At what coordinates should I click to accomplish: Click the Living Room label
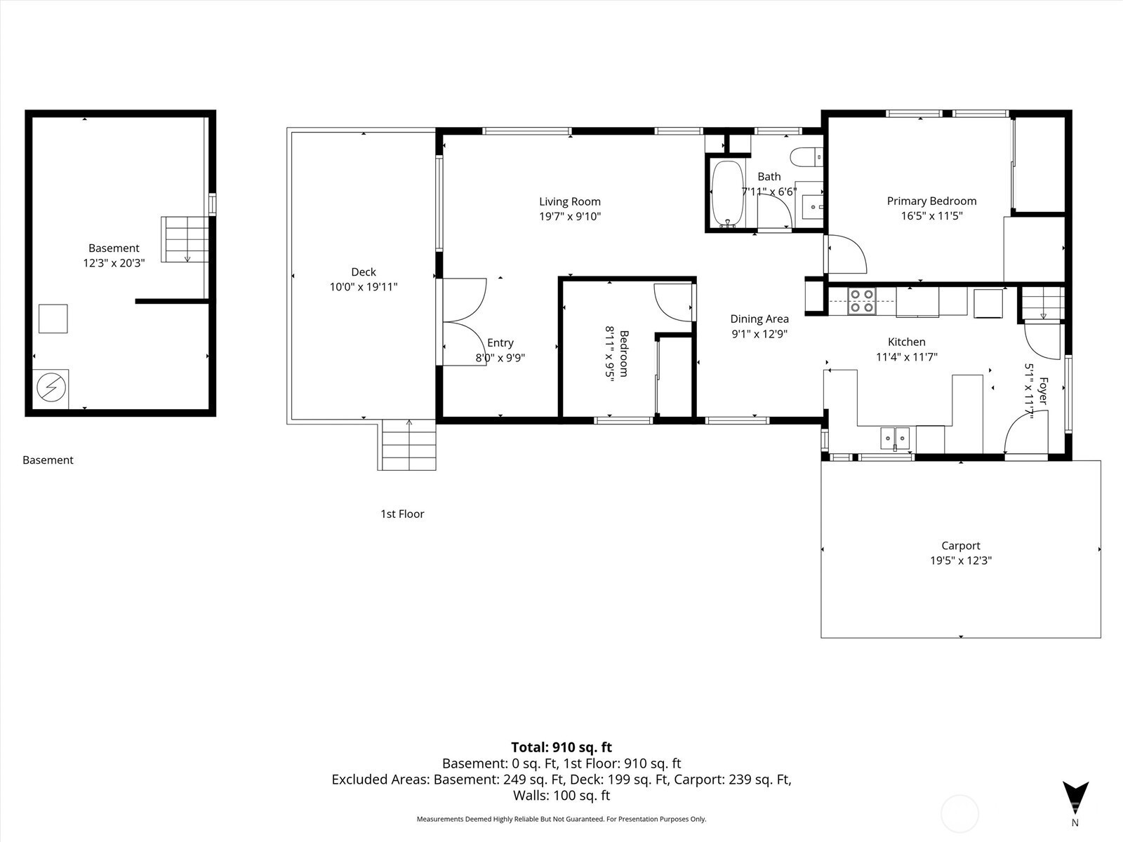[x=569, y=201]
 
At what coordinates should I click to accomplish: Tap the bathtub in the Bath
[x=727, y=194]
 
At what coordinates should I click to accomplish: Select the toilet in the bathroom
[x=806, y=157]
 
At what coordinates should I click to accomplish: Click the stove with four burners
[x=862, y=301]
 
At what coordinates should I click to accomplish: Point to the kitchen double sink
[x=895, y=439]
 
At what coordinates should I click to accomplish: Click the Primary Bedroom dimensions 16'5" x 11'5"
[x=931, y=215]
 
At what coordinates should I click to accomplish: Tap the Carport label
[x=961, y=545]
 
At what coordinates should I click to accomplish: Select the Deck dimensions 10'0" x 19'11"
[x=364, y=287]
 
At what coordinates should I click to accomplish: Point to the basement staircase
[x=185, y=239]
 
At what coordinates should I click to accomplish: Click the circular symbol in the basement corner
[x=51, y=387]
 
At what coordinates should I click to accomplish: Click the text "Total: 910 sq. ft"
[x=561, y=747]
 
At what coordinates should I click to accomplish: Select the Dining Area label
[x=759, y=319]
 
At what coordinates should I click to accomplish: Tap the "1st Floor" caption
[x=402, y=514]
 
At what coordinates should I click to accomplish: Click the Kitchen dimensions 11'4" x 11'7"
[x=907, y=357]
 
